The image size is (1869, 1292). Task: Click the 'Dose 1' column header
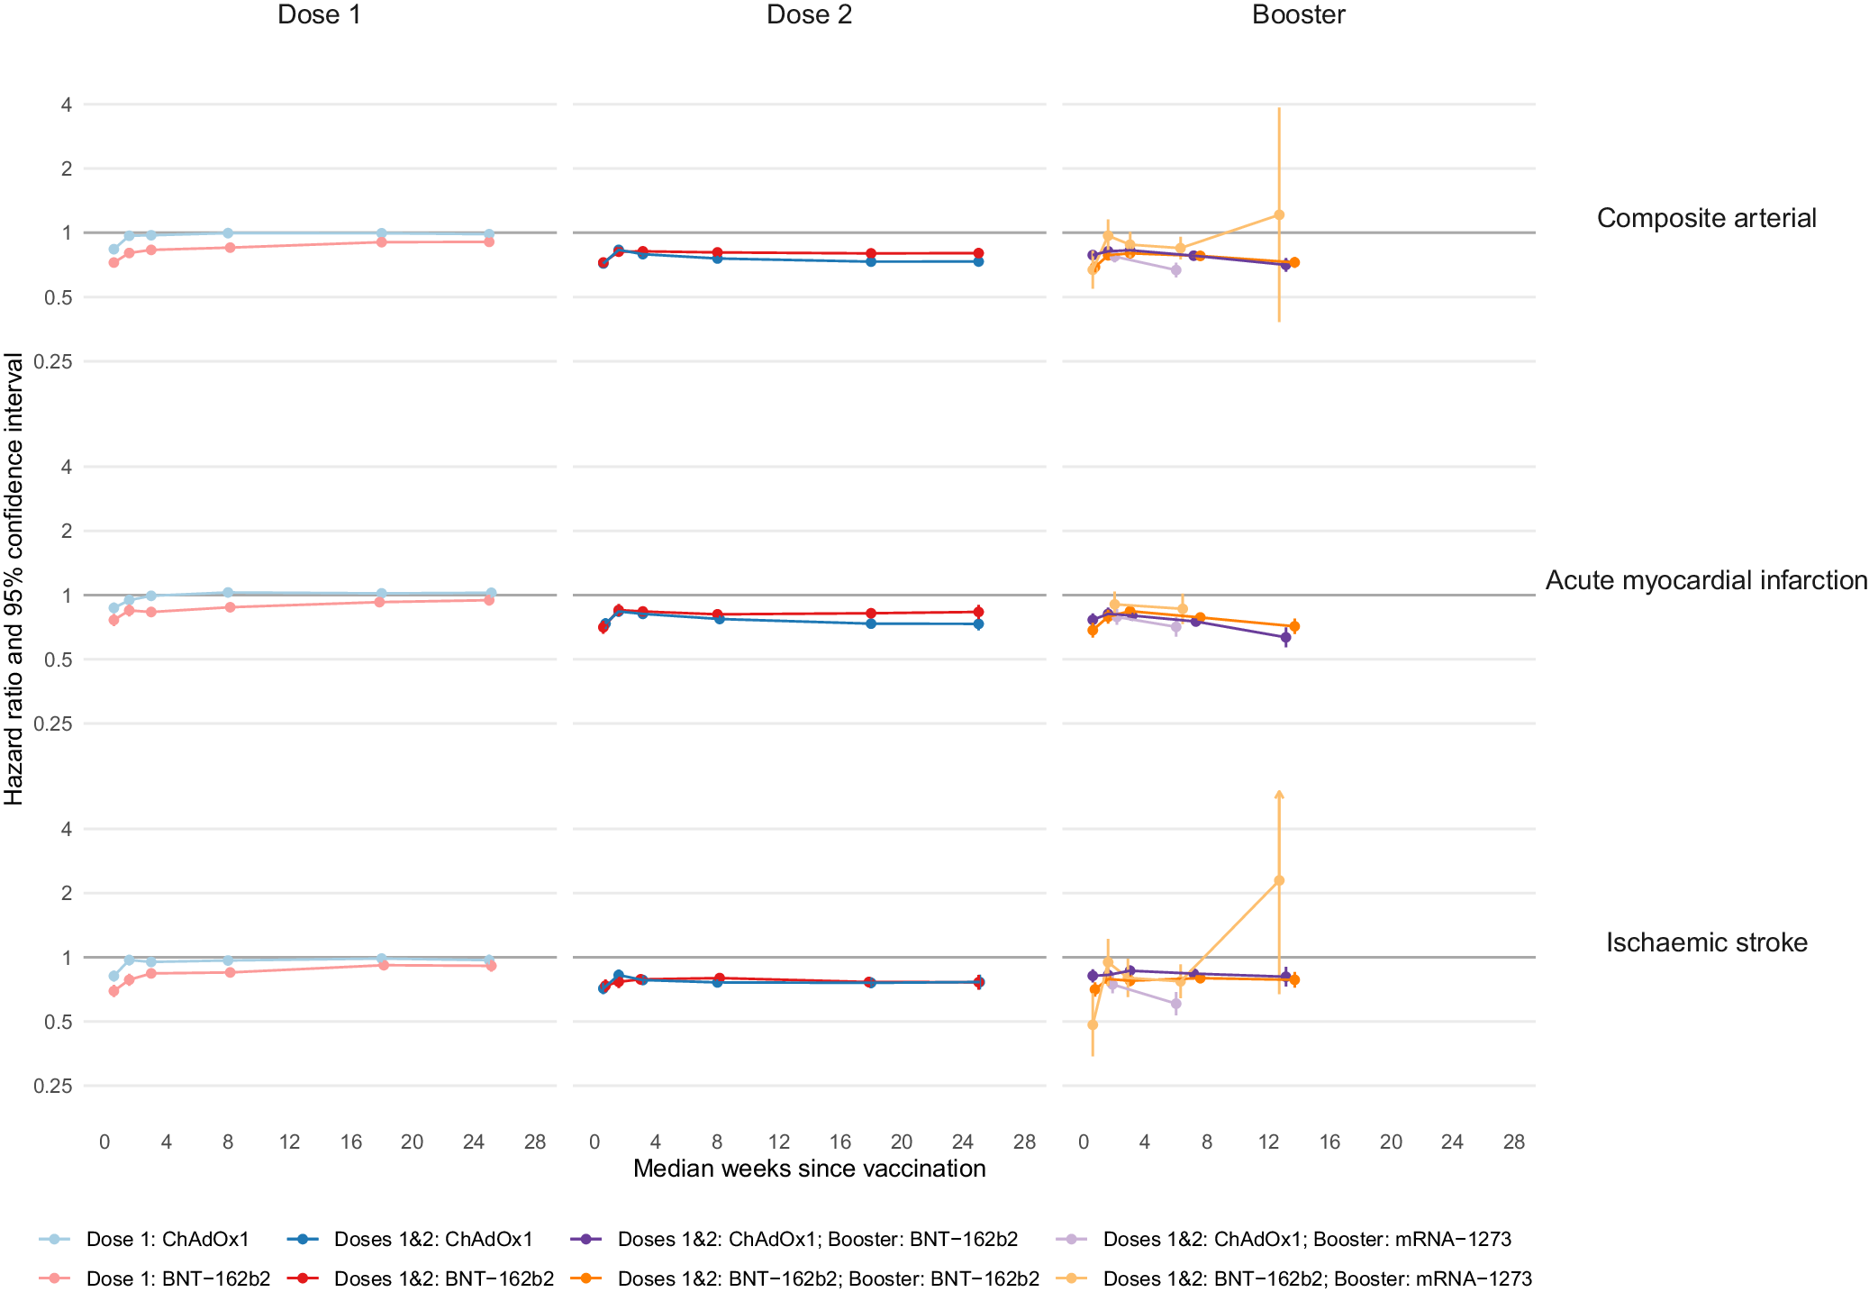point(319,14)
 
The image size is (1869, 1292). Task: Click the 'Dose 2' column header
point(808,14)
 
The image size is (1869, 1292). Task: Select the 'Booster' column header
point(1298,14)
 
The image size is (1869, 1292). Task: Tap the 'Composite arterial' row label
point(1706,218)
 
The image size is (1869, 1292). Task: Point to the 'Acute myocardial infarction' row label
point(1706,580)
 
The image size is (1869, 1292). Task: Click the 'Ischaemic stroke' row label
point(1706,942)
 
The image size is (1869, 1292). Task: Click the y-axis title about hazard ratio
point(14,578)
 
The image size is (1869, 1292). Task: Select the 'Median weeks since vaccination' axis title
point(809,1169)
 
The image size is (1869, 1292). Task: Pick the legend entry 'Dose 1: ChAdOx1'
point(168,1239)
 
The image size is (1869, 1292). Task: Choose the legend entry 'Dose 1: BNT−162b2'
point(177,1278)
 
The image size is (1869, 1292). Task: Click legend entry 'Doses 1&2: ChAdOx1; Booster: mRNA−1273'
point(1306,1239)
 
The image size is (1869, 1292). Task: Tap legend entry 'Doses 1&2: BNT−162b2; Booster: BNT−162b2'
point(828,1278)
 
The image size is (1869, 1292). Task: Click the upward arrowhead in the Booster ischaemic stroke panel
point(1279,795)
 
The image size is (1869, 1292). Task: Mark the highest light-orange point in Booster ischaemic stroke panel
point(1279,880)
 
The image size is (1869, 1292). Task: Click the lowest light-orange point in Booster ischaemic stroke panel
point(1093,1024)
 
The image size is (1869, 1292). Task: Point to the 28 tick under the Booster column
point(1513,1142)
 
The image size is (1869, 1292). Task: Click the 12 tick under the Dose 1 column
point(289,1142)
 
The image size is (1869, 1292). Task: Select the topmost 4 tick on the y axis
point(66,105)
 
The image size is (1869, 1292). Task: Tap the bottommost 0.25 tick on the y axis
point(53,1086)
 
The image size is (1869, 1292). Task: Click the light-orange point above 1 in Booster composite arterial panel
point(1279,214)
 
